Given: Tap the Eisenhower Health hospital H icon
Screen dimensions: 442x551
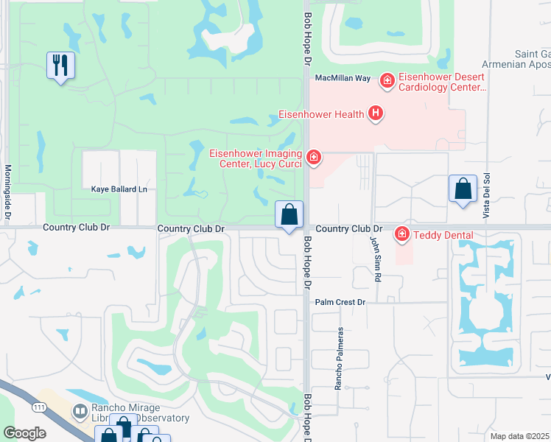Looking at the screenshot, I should click(376, 113).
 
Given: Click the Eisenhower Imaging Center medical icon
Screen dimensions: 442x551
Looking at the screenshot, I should click(314, 157).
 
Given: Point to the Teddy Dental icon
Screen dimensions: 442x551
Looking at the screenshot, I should click(402, 235).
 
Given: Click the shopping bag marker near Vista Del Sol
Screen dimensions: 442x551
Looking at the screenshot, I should click(463, 189).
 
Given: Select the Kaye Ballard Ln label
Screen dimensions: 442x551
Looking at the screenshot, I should click(119, 189).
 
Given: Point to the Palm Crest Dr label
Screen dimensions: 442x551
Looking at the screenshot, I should click(340, 302).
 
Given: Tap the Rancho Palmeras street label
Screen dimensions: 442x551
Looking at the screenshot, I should click(340, 359).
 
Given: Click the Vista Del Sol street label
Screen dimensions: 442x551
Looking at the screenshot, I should click(486, 194).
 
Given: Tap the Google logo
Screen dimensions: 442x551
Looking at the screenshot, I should click(25, 433).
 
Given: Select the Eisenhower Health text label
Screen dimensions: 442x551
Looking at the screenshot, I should click(321, 114).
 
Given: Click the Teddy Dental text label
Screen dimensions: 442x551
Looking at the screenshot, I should click(443, 235).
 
